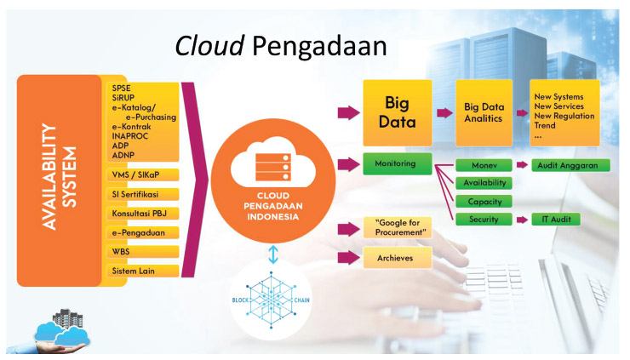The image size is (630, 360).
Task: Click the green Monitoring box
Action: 394,163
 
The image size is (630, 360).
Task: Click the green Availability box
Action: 484,183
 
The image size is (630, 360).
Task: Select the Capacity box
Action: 484,202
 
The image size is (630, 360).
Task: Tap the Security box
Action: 484,220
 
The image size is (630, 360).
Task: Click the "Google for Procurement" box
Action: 394,227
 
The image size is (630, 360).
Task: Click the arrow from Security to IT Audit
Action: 520,220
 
